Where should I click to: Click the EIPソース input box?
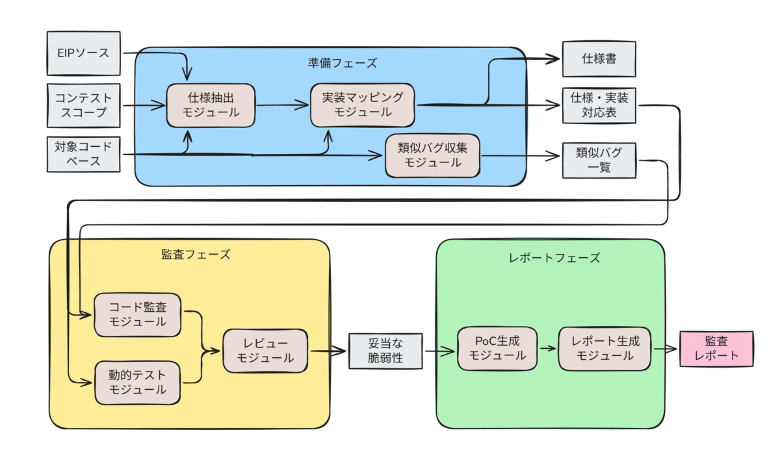tap(83, 53)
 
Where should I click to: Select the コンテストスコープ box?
tap(83, 105)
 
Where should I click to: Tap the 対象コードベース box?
tap(83, 154)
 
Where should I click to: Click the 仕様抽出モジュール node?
tap(211, 105)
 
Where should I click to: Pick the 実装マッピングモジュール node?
tap(362, 105)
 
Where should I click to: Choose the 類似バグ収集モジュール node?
tap(432, 155)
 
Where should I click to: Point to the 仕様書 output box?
tap(599, 59)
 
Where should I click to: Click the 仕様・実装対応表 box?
tap(599, 105)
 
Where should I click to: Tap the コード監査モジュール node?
tap(137, 314)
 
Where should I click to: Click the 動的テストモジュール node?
tap(137, 383)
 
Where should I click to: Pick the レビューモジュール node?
tap(265, 351)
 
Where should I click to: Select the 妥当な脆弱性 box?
tap(385, 351)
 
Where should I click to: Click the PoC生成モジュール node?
tap(498, 348)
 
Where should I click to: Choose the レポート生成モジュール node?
tap(604, 348)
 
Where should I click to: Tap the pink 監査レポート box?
tap(716, 348)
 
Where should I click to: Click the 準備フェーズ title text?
tap(343, 63)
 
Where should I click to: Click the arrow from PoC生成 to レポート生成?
tap(549, 348)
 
